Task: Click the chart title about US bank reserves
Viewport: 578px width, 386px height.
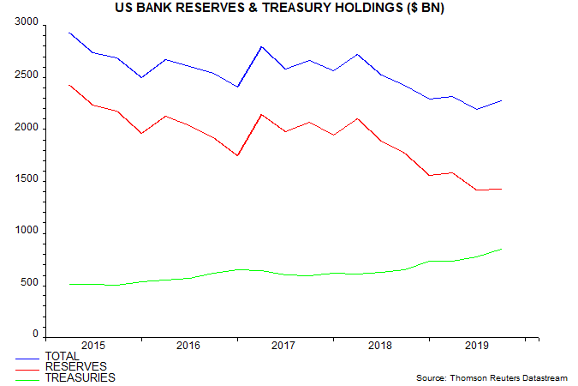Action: tap(289, 9)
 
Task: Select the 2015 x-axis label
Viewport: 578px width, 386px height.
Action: tap(92, 345)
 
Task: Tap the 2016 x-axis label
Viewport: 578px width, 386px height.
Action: tap(188, 345)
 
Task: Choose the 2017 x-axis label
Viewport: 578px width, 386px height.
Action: tap(283, 345)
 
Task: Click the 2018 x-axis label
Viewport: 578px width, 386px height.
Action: tap(378, 345)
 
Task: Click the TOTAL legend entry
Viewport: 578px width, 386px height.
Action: tap(62, 357)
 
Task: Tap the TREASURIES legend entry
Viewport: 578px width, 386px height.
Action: tap(80, 377)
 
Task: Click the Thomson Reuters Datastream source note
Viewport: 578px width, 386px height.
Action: tap(496, 377)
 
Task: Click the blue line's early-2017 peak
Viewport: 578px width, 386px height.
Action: tap(261, 46)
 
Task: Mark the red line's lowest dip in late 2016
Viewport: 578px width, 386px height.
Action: tap(237, 155)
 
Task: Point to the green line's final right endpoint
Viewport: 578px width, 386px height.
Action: tap(502, 249)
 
